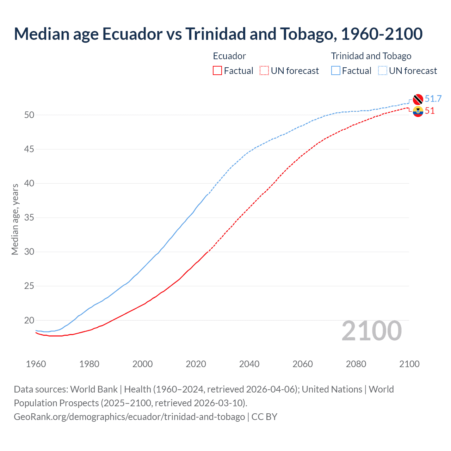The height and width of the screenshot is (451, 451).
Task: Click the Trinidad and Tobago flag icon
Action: pos(418,99)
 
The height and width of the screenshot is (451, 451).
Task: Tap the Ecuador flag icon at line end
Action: pos(418,111)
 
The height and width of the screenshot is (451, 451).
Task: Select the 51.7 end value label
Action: pos(433,99)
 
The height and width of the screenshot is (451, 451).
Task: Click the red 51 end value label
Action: pos(430,111)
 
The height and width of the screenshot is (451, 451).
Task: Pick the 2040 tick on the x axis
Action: pos(249,364)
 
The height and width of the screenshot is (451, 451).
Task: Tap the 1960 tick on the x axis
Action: pos(36,364)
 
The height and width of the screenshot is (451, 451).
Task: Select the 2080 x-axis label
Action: pos(356,364)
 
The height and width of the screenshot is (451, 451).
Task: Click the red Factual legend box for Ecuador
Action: pos(217,71)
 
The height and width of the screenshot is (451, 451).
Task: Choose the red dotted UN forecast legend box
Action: pos(264,71)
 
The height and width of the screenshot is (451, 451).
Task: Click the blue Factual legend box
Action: pos(336,71)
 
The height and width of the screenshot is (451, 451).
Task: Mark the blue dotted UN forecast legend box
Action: pos(383,71)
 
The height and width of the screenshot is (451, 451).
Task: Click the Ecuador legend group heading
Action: pos(229,56)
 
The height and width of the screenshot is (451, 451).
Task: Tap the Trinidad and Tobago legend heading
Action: pos(371,56)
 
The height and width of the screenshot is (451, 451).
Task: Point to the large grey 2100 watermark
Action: pos(372,331)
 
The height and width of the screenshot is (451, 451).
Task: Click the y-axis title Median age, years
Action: pos(15,219)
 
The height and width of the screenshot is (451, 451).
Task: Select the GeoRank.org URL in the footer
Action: pos(129,417)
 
